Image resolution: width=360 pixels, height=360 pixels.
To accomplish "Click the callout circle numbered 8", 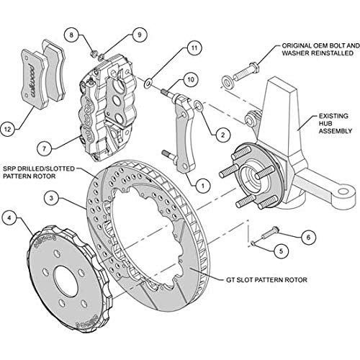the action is [x=71, y=35].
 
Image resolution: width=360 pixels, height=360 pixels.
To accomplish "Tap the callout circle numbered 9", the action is [x=140, y=35].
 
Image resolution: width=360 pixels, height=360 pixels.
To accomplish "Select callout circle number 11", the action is [x=194, y=48].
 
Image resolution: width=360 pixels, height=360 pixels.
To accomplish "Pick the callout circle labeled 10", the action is [x=191, y=79].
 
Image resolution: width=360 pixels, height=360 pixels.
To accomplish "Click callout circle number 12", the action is [x=8, y=130].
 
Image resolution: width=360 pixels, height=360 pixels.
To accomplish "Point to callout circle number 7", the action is [x=44, y=149].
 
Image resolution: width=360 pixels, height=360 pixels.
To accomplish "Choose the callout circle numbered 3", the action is [x=51, y=198].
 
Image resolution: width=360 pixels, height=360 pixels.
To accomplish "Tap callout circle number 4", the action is [x=9, y=218].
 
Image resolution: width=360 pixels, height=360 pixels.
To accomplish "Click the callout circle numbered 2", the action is [x=222, y=135].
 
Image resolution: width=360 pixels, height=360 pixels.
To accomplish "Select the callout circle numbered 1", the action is [x=203, y=186].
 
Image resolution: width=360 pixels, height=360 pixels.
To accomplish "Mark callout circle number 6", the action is [x=308, y=238].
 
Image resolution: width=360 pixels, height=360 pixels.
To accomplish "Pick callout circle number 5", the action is [x=281, y=251].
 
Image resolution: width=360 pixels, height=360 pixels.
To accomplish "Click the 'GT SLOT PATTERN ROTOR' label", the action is [x=266, y=280].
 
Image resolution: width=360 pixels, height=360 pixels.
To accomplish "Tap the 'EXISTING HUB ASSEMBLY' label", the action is [x=335, y=124].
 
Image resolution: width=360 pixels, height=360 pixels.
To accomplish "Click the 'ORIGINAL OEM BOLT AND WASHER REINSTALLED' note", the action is [x=321, y=50].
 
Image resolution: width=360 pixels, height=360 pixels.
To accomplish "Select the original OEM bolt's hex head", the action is [x=254, y=67].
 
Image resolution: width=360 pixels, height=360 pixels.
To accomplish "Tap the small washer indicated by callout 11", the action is [x=148, y=84].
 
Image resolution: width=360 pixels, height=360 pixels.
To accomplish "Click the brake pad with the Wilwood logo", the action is [x=32, y=78].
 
